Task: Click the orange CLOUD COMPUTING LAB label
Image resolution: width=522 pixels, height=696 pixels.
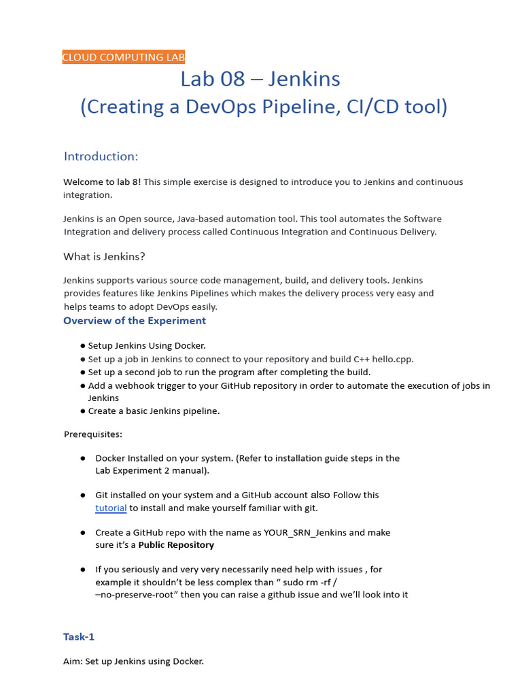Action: pyautogui.click(x=123, y=57)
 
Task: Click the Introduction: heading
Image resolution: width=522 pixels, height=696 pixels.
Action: pyautogui.click(x=101, y=156)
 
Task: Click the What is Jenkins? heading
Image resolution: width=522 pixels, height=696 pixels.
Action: pyautogui.click(x=104, y=256)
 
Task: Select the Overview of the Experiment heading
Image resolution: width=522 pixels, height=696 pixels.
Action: pyautogui.click(x=135, y=321)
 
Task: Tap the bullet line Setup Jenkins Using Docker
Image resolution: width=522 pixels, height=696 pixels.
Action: pyautogui.click(x=146, y=346)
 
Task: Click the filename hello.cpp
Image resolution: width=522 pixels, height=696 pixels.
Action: pyautogui.click(x=394, y=359)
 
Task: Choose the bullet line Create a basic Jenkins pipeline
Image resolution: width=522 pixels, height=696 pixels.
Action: pyautogui.click(x=154, y=411)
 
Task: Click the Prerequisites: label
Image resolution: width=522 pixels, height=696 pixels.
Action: pyautogui.click(x=93, y=434)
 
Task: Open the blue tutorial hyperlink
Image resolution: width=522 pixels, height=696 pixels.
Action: pyautogui.click(x=111, y=508)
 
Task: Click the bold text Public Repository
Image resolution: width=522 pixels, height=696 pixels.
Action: pyautogui.click(x=176, y=545)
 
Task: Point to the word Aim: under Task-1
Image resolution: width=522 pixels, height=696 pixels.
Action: pyautogui.click(x=73, y=661)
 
